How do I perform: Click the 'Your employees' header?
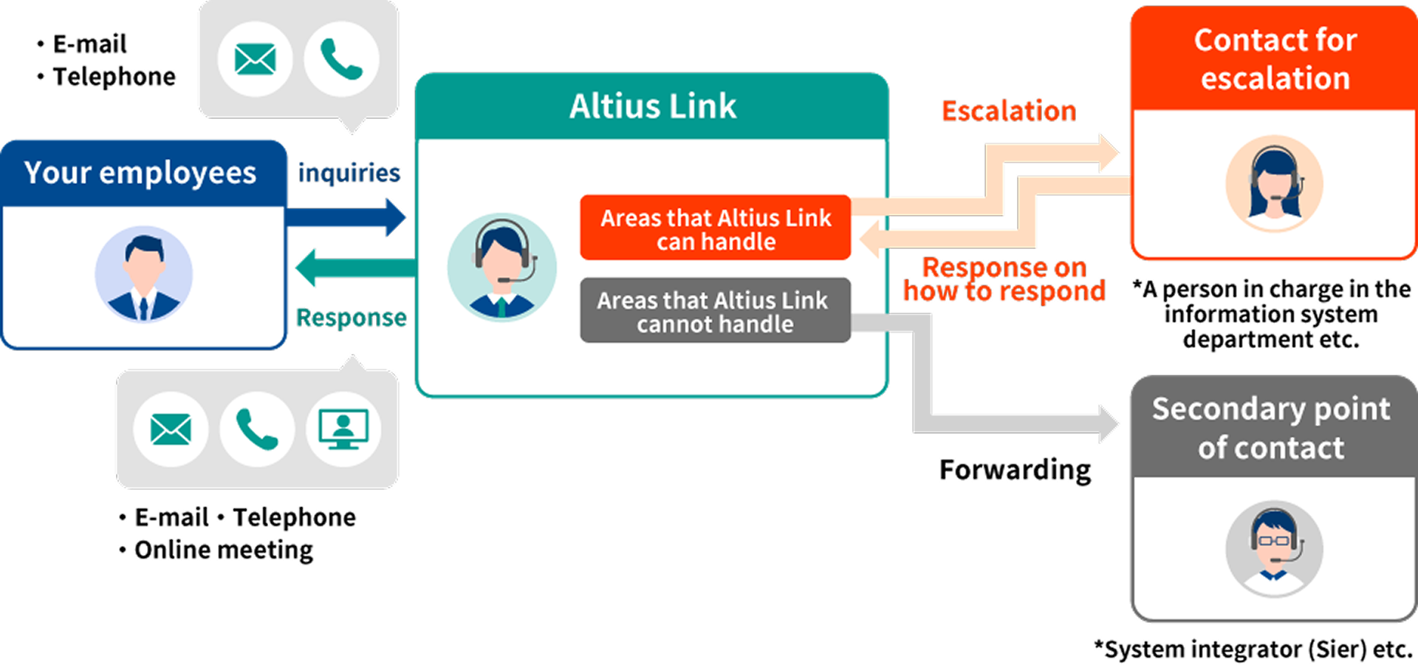pyautogui.click(x=140, y=173)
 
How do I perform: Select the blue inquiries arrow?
pyautogui.click(x=346, y=217)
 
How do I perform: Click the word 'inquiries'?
pyautogui.click(x=349, y=173)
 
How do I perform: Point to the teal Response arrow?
pyautogui.click(x=354, y=267)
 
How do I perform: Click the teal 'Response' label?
pyautogui.click(x=351, y=318)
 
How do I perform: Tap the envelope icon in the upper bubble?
pyautogui.click(x=255, y=59)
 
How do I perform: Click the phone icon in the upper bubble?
pyautogui.click(x=341, y=59)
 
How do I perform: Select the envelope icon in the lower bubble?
pyautogui.click(x=171, y=429)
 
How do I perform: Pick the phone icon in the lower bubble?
pyautogui.click(x=257, y=429)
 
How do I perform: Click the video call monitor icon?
pyautogui.click(x=343, y=429)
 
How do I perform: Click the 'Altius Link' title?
pyautogui.click(x=652, y=106)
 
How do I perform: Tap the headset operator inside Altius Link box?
pyautogui.click(x=502, y=267)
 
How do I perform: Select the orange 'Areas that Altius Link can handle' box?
pyautogui.click(x=715, y=229)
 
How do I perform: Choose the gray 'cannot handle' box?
pyautogui.click(x=715, y=311)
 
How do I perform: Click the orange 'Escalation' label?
pyautogui.click(x=1008, y=112)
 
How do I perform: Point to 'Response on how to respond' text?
pyautogui.click(x=1004, y=279)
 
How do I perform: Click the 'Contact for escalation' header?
pyautogui.click(x=1275, y=59)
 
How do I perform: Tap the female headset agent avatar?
pyautogui.click(x=1274, y=183)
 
